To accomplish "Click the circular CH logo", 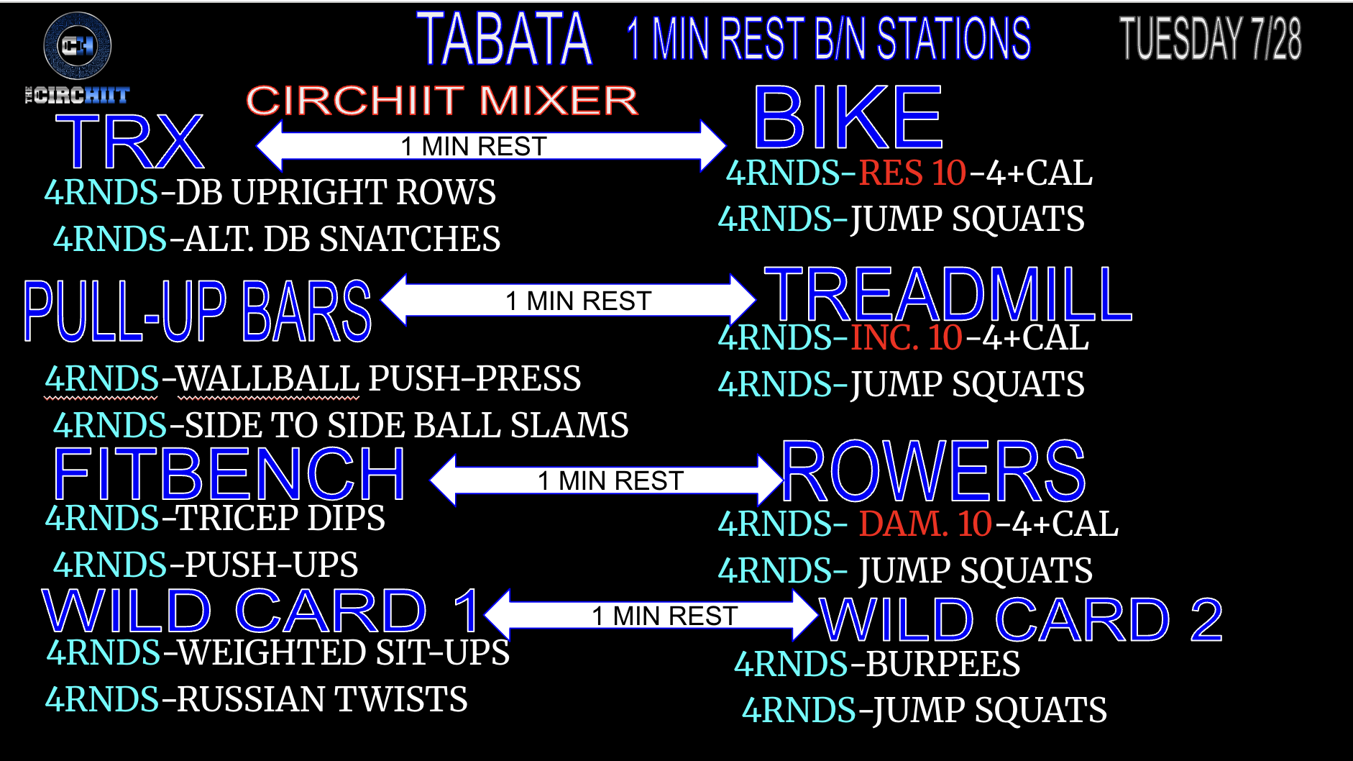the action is tap(78, 45).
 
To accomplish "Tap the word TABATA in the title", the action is tap(504, 39).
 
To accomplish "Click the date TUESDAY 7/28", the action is tap(1210, 39).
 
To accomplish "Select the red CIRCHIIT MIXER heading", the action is tap(442, 100).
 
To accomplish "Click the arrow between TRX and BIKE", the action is tap(491, 146).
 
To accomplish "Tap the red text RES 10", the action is tap(912, 173).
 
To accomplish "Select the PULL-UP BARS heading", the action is tap(197, 311).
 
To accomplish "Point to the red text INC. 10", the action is tap(907, 338).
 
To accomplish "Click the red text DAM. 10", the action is tap(926, 524).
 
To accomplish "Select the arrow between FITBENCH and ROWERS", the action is tap(607, 480).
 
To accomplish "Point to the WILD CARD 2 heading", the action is tap(1022, 619).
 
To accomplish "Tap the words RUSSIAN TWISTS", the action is tap(322, 700).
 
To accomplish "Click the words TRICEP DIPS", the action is tap(281, 519).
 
